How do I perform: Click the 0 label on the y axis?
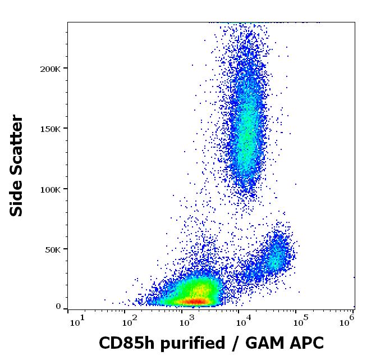[58, 307]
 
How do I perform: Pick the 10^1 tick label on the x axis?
[77, 321]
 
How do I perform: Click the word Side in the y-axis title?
[17, 197]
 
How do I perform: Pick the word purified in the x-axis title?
[187, 343]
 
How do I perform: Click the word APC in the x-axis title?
[305, 343]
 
